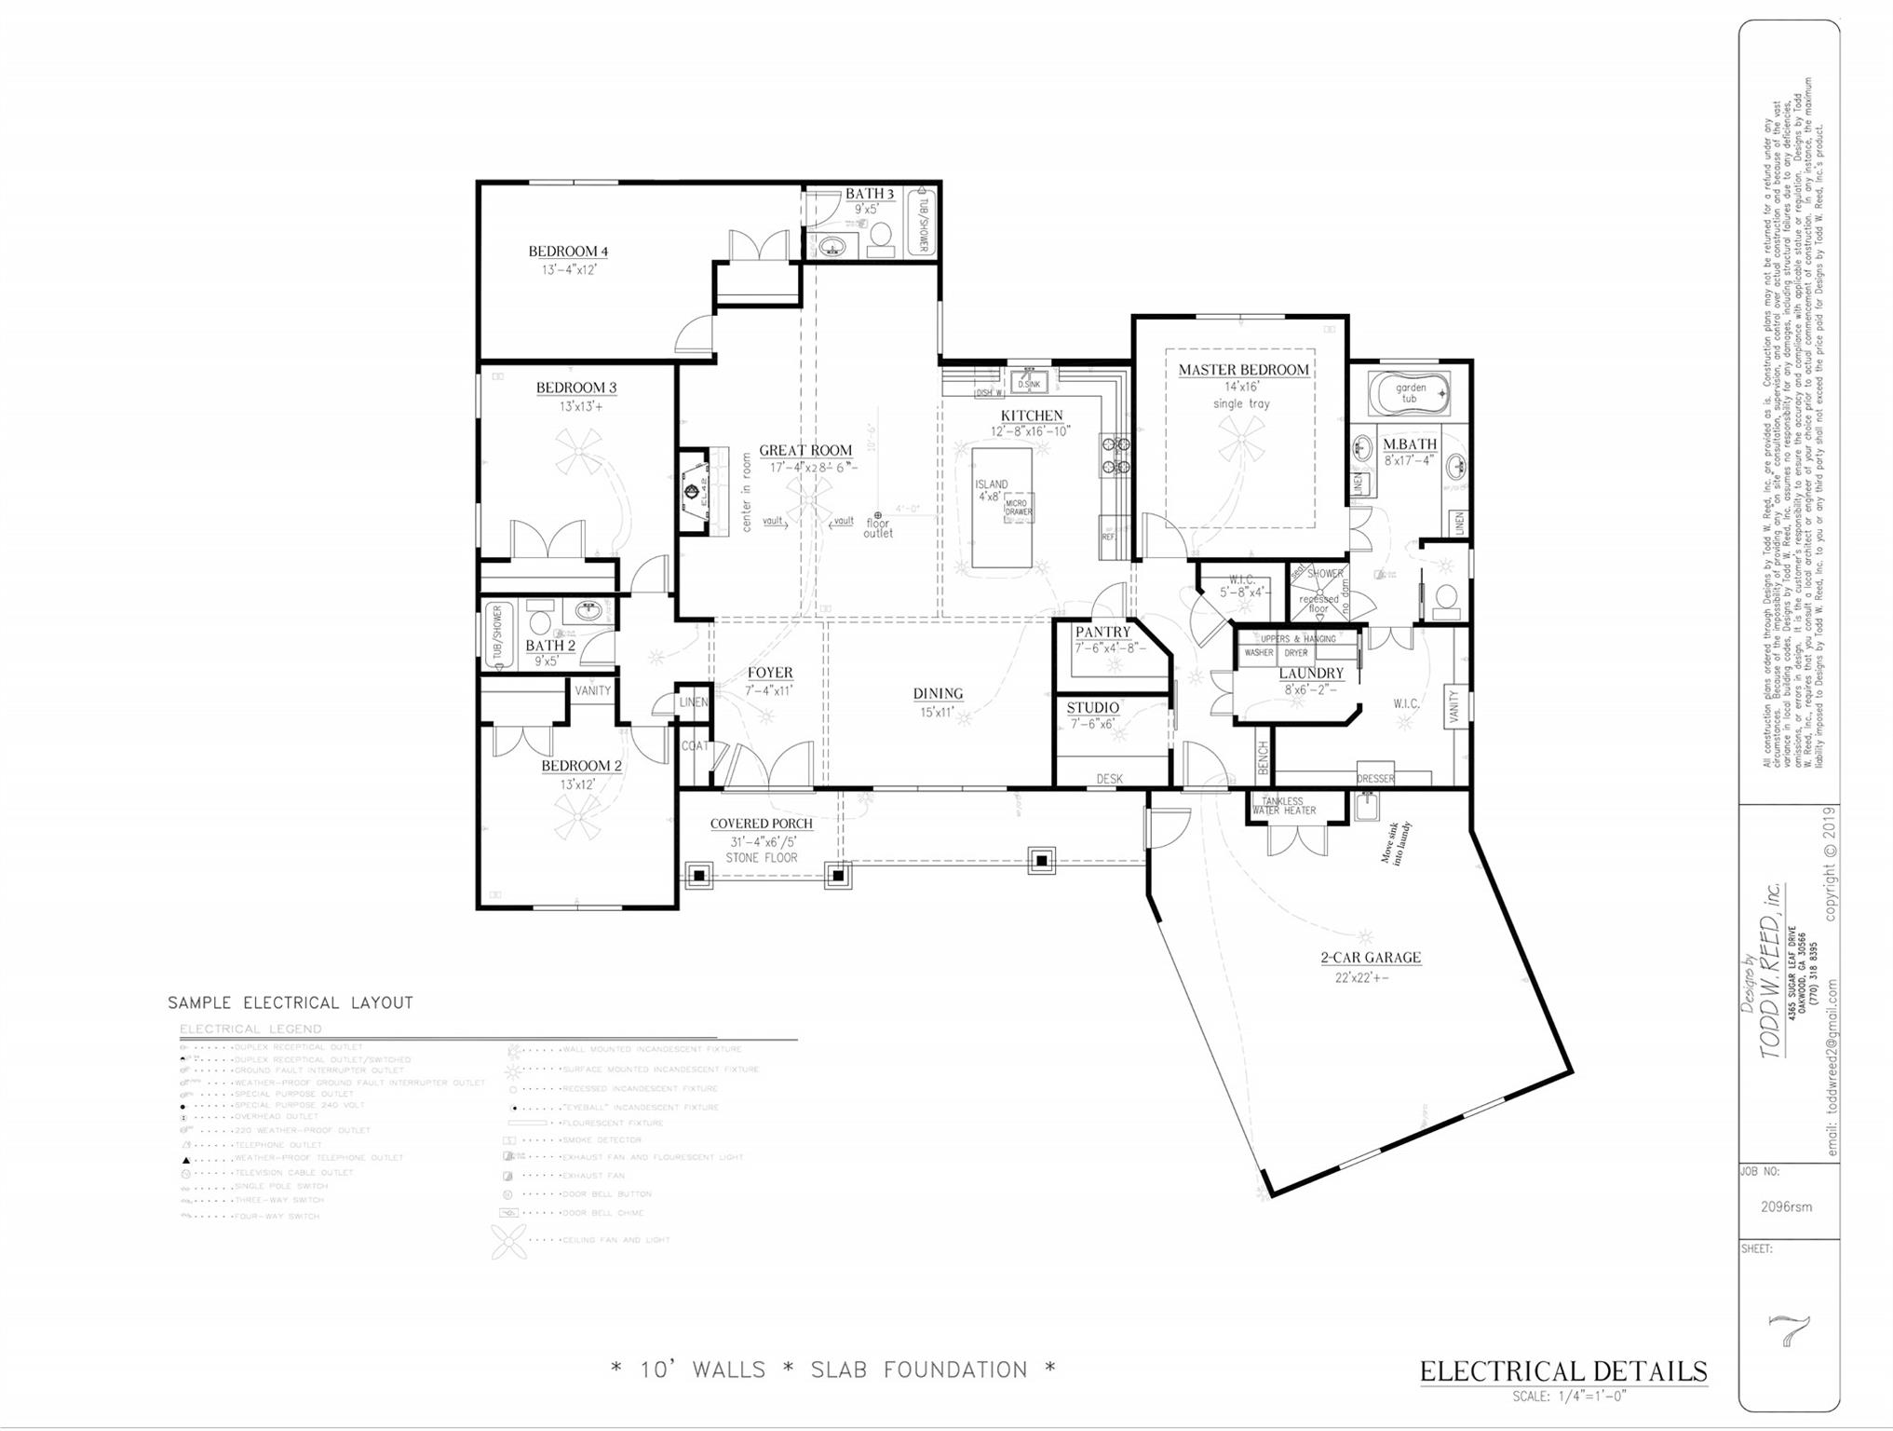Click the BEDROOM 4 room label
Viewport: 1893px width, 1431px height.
coord(568,252)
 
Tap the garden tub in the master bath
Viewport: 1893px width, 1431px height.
coord(1410,394)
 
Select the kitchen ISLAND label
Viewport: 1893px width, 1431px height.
coord(991,484)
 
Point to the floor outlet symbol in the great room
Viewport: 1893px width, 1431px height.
coord(877,515)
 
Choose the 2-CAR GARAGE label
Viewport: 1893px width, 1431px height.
coord(1370,957)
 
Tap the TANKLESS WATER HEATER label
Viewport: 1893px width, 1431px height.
coord(1283,806)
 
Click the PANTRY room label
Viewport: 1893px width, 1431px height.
coord(1102,632)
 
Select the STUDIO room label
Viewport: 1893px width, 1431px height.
coord(1092,708)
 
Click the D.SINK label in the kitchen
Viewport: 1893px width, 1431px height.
coord(1028,383)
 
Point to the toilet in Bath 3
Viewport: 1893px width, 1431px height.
coord(880,240)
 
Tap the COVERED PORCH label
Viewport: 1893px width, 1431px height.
coord(761,824)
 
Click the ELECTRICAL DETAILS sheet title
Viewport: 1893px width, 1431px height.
coord(1562,1371)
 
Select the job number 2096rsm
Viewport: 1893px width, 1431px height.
coord(1785,1206)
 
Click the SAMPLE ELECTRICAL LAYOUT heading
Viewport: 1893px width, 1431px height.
coord(290,1003)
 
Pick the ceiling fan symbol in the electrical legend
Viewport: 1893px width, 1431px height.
coord(508,1241)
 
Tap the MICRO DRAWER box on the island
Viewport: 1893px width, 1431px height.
coord(1018,508)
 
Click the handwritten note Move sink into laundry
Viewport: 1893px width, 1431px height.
coord(1396,843)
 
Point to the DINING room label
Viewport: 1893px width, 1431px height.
coord(937,693)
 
